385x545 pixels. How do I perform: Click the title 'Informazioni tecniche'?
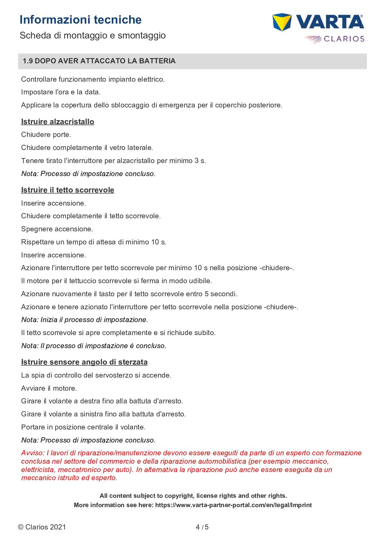click(80, 20)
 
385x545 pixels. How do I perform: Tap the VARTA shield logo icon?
click(282, 22)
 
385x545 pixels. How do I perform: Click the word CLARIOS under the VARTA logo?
click(344, 39)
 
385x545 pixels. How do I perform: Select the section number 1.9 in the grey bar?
click(28, 61)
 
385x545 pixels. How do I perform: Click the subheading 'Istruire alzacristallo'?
click(57, 122)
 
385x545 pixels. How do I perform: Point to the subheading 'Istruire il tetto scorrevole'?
click(67, 190)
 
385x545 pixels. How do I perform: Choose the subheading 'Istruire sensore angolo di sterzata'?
click(84, 362)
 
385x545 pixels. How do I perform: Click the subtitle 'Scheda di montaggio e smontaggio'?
click(93, 35)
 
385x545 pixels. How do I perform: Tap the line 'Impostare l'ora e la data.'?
click(61, 92)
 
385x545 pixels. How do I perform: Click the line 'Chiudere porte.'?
click(46, 135)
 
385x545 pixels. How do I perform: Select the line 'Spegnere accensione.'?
click(57, 229)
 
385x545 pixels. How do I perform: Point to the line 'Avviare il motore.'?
click(49, 388)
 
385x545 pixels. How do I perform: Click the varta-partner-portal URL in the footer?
click(233, 505)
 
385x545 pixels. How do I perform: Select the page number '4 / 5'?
click(202, 527)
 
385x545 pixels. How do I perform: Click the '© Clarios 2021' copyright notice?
click(42, 527)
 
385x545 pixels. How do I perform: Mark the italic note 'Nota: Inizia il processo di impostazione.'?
click(84, 320)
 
